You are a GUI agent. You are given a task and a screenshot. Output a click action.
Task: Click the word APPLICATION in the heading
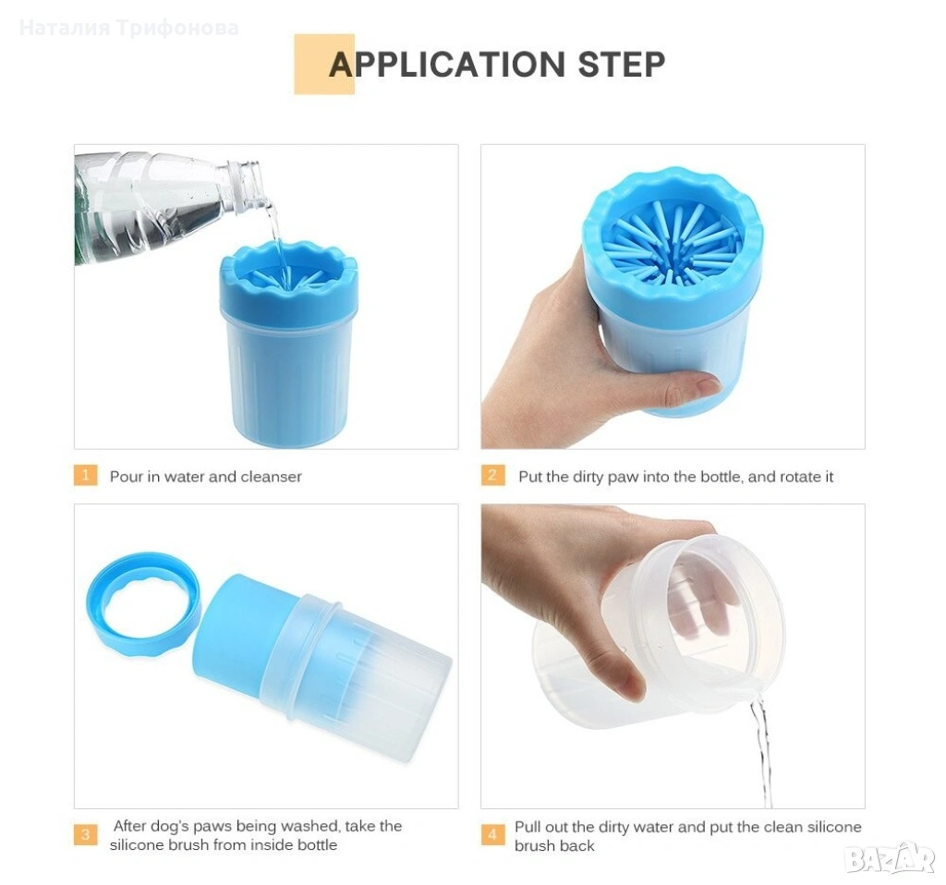[446, 65]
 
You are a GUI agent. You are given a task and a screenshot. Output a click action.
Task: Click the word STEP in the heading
[622, 65]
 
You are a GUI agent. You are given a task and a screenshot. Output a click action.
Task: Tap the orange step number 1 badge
[86, 476]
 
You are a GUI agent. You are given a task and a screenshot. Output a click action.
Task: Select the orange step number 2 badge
[493, 476]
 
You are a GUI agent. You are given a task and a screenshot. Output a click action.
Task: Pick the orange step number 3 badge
[86, 834]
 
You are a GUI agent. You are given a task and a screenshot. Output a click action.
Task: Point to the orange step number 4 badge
[493, 834]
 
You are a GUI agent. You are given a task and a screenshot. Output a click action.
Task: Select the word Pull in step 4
[526, 827]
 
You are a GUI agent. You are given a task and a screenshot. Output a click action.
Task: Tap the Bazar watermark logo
[890, 858]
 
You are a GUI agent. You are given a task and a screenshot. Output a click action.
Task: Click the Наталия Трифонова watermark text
[129, 28]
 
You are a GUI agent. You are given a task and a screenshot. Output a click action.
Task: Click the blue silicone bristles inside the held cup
[673, 244]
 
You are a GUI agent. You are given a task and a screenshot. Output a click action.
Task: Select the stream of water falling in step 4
[761, 751]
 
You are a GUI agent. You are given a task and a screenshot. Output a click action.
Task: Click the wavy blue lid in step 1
[288, 281]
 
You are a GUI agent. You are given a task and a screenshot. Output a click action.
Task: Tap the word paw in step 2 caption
[623, 478]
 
